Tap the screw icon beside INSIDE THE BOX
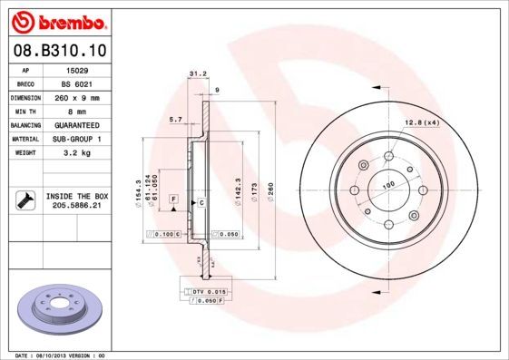26,200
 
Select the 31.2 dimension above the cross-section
193,74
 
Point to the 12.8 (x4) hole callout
421,122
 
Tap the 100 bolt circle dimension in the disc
387,186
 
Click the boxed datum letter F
172,198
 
